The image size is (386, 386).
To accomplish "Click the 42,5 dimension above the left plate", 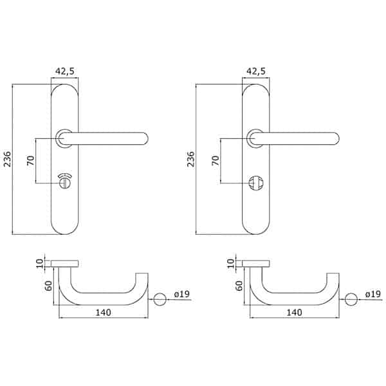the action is click(x=64, y=71).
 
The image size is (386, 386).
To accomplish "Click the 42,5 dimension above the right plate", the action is click(x=256, y=71).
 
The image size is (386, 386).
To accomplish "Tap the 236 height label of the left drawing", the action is click(x=7, y=159).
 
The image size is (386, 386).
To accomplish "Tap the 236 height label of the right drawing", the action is click(x=190, y=159).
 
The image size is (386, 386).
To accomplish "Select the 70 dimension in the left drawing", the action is click(x=31, y=160).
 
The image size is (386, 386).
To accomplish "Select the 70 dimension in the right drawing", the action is click(x=216, y=160).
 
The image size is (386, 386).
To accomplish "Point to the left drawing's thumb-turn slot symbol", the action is click(x=65, y=181).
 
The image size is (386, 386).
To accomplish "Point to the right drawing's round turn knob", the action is click(x=256, y=183).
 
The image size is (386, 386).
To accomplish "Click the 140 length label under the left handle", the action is click(x=104, y=313).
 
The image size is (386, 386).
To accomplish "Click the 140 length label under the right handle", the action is click(x=295, y=313).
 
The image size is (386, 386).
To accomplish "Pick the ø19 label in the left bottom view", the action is click(x=182, y=294).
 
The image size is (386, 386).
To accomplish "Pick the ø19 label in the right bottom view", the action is click(x=373, y=294).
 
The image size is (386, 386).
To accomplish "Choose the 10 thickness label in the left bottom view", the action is click(x=40, y=263).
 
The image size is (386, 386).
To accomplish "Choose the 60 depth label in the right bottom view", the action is click(x=239, y=286).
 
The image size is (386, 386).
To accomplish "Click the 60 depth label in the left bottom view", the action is click(x=48, y=286).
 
